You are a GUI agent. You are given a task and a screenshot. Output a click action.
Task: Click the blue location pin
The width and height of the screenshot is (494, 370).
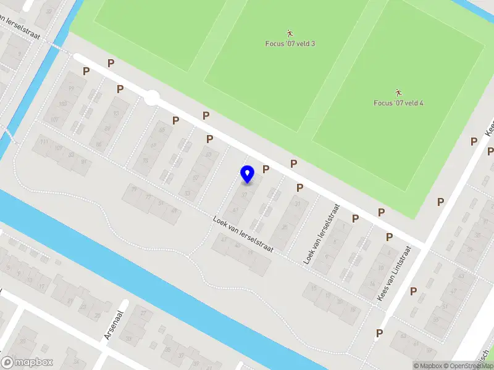(248, 175)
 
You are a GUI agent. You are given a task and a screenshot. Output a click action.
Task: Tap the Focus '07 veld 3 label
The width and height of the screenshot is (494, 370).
(290, 44)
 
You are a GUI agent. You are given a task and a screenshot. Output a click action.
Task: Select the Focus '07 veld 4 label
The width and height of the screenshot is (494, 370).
(398, 103)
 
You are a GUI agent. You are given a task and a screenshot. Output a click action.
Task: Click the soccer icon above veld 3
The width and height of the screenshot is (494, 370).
(290, 33)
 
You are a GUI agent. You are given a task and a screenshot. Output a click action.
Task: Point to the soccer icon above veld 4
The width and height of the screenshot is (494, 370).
(398, 92)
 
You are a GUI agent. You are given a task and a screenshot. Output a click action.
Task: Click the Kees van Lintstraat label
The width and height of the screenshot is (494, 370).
(394, 274)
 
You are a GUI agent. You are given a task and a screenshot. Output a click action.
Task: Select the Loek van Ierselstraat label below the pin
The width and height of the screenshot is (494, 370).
(243, 232)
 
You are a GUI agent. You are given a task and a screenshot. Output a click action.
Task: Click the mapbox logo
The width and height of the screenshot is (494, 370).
(27, 363)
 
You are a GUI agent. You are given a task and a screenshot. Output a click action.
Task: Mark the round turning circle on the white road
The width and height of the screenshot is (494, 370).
(151, 98)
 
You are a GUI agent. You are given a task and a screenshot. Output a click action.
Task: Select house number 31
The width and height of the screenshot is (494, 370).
(299, 204)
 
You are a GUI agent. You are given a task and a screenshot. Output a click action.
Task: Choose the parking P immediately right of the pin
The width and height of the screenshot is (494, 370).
(266, 168)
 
